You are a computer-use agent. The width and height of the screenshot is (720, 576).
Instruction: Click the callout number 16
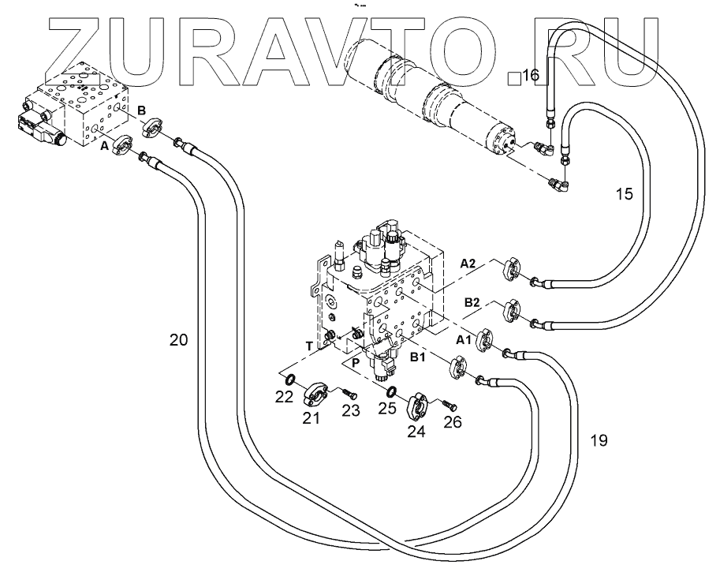530,76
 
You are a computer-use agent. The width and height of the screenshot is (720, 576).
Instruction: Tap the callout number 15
624,193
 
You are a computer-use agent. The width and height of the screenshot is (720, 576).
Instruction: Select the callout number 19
599,440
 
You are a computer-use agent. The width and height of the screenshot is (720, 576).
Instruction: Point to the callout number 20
179,340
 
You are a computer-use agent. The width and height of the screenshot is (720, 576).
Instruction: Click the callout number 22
284,398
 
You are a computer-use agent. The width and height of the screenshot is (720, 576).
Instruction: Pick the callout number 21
312,418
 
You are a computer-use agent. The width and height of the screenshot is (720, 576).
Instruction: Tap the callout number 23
350,410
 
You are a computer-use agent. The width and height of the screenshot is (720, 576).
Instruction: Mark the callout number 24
415,431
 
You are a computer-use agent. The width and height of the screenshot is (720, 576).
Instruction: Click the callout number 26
451,422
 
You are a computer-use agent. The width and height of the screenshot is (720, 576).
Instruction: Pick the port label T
309,344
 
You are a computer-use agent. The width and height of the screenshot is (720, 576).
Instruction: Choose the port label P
356,362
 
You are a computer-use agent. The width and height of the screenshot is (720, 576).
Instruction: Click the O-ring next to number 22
289,380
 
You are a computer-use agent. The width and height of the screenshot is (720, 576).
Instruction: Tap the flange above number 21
320,392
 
